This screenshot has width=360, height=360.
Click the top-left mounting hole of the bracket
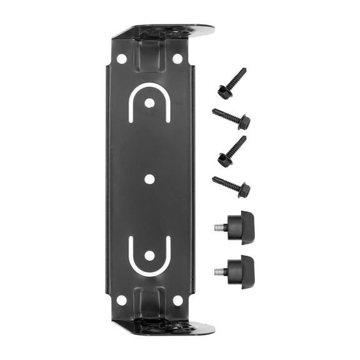pyautogui.click(x=121, y=58)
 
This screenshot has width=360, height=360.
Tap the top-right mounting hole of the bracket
pyautogui.click(x=177, y=58)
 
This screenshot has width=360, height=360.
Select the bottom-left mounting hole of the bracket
pyautogui.click(x=121, y=301)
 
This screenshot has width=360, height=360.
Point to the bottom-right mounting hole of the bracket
pyautogui.click(x=177, y=301)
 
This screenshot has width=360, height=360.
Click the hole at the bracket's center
pyautogui.click(x=149, y=179)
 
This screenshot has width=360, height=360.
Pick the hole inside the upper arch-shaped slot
pyautogui.click(x=149, y=102)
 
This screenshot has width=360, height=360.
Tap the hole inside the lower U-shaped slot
pyautogui.click(x=149, y=255)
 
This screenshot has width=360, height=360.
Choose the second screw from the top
pyautogui.click(x=231, y=118)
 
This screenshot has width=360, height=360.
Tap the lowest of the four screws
pyautogui.click(x=231, y=185)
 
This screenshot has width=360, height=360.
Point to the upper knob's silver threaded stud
pyautogui.click(x=220, y=226)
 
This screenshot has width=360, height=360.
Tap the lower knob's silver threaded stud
pyautogui.click(x=220, y=271)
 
